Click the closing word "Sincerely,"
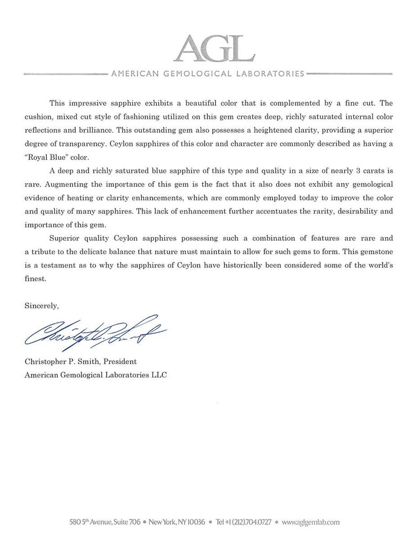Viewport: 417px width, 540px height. click(42, 305)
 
